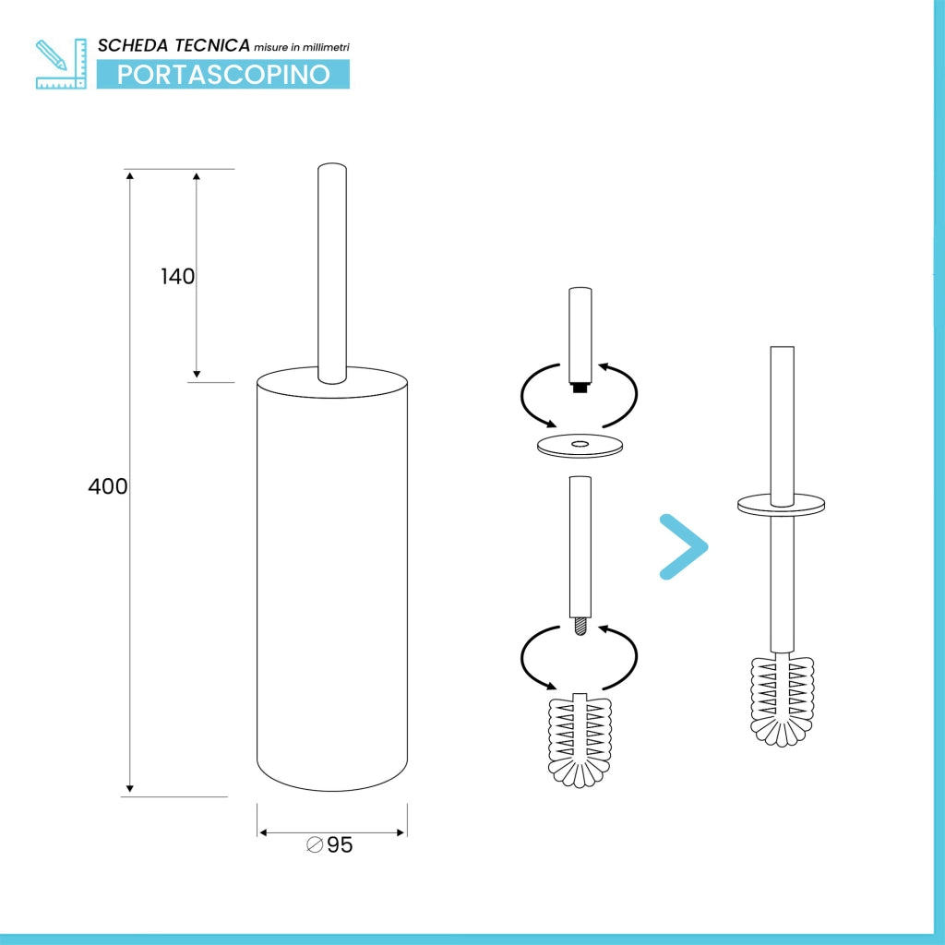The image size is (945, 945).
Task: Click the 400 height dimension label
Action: point(107,486)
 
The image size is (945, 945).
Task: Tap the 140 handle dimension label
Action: point(178,277)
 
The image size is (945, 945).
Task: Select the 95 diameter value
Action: point(340,845)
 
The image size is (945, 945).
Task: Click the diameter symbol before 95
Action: point(315,845)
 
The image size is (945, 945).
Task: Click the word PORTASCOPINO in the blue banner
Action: point(223,75)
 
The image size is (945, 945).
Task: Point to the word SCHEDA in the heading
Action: point(133,46)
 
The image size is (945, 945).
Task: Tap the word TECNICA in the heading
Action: point(212,45)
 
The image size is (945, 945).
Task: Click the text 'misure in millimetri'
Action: point(302,47)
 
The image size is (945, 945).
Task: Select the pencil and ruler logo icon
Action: point(61,64)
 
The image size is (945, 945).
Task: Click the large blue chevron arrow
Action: point(684,546)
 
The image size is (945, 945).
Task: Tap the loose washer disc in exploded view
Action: point(580,446)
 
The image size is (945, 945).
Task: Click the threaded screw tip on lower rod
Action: point(580,627)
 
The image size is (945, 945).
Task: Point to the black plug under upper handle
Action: point(580,389)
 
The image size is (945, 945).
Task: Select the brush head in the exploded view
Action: point(580,741)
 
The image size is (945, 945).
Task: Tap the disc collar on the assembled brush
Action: point(781,506)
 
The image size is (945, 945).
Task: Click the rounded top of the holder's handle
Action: point(332,167)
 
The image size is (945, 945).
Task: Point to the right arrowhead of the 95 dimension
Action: point(401,833)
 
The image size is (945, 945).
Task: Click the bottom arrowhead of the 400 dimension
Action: point(129,788)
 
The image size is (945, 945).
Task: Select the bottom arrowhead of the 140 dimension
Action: point(197,375)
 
